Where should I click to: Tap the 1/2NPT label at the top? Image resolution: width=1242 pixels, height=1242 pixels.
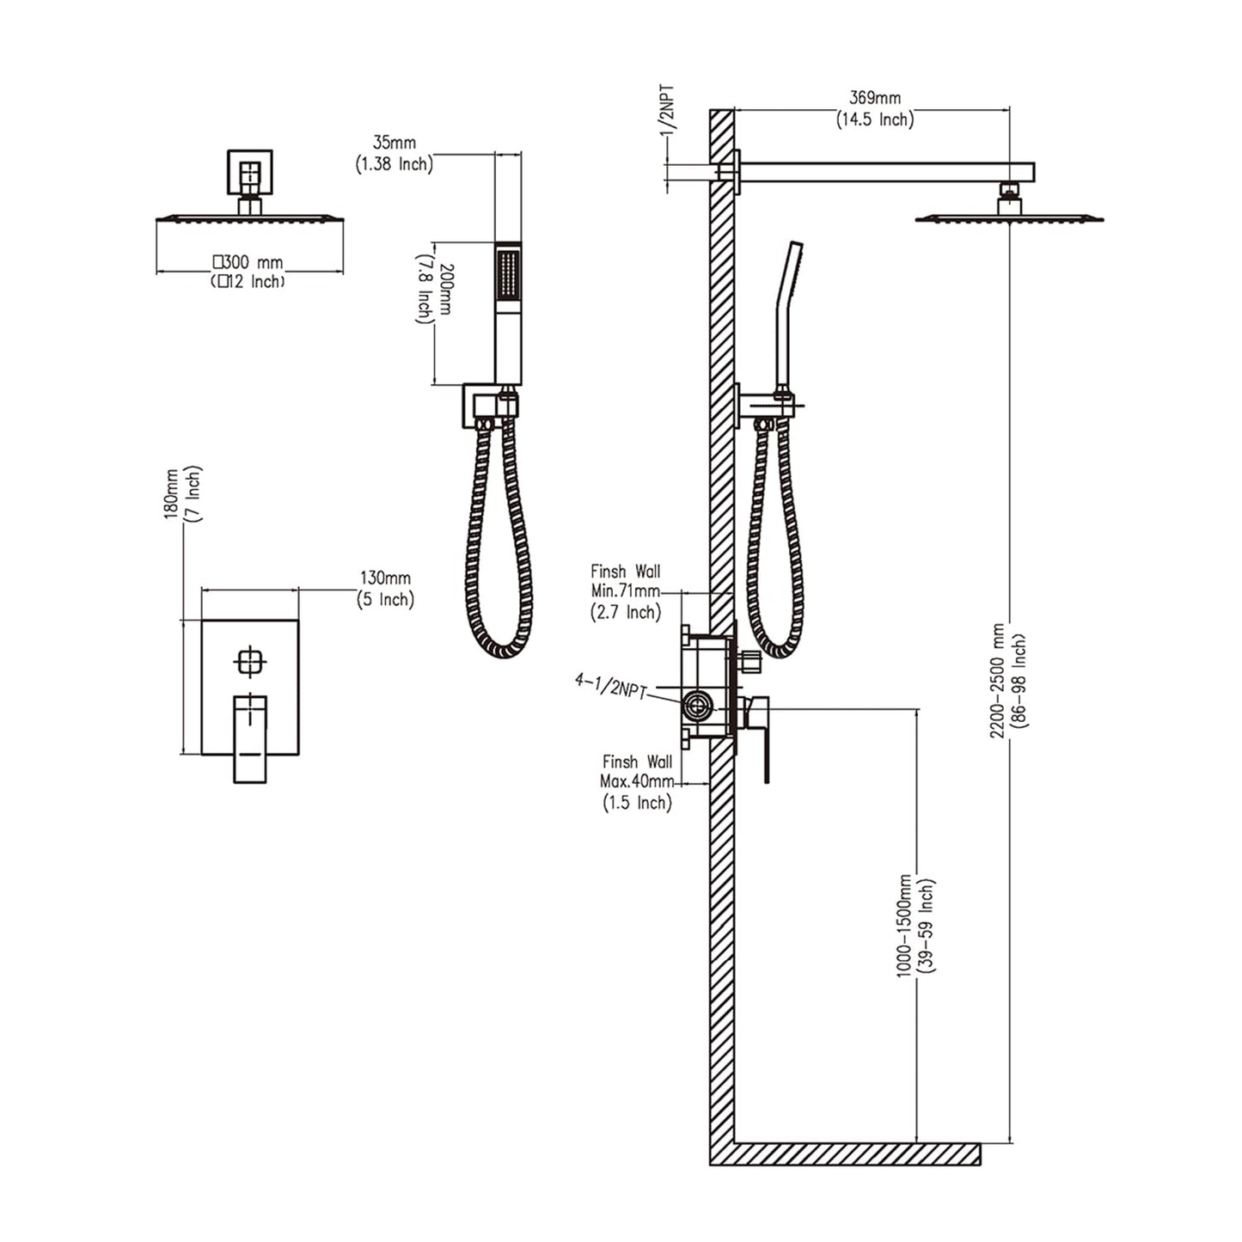(668, 109)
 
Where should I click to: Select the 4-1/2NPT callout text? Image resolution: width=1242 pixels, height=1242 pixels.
(611, 687)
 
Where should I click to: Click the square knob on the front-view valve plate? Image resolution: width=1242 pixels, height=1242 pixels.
(249, 662)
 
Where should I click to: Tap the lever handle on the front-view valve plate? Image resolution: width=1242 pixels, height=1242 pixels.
(250, 738)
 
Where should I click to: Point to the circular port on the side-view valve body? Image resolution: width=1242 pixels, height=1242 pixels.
(696, 708)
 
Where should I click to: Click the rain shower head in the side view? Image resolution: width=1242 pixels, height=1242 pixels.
(1009, 218)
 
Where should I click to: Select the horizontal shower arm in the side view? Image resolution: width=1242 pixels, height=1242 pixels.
(885, 172)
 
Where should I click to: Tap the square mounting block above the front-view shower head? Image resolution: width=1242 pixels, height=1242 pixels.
(249, 172)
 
